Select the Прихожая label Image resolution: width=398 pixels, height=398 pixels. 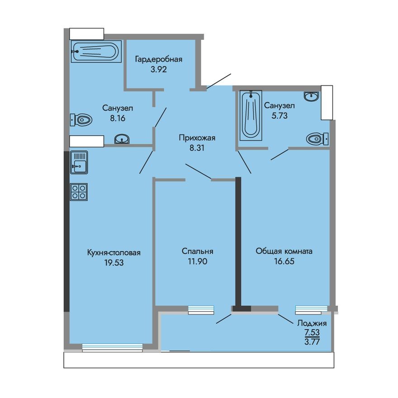(196, 138)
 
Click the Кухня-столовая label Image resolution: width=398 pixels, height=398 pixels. (114, 252)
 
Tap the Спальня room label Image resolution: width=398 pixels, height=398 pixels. (198, 251)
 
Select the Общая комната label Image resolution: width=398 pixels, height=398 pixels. (284, 251)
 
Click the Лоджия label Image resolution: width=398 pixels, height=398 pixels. (312, 323)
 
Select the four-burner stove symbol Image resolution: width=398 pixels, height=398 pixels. (79, 192)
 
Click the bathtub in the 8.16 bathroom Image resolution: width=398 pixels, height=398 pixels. (96, 51)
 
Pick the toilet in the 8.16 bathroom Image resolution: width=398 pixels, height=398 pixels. (81, 120)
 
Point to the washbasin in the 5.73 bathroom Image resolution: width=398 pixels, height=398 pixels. (312, 96)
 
